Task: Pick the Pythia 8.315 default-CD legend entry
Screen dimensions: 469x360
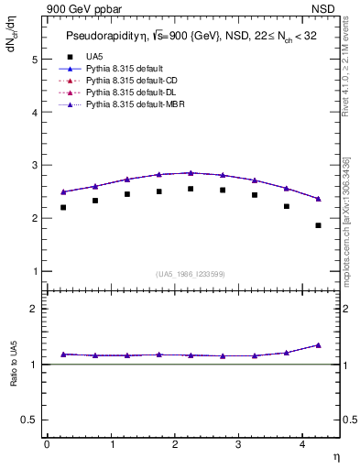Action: point(130,82)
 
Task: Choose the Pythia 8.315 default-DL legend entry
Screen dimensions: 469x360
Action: point(130,93)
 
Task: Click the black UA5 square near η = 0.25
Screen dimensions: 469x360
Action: point(63,207)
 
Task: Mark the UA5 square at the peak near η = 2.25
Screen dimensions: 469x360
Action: point(191,189)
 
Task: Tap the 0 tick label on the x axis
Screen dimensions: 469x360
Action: point(47,444)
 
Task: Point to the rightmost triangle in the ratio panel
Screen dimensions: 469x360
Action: point(319,345)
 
